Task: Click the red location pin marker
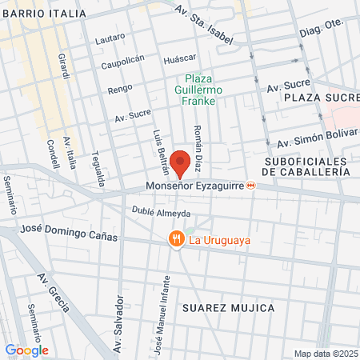pyautogui.click(x=180, y=162)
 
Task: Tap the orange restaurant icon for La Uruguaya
pyautogui.click(x=174, y=239)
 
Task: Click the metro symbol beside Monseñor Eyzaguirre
pyautogui.click(x=251, y=186)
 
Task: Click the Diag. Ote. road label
pyautogui.click(x=322, y=27)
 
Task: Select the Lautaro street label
pyautogui.click(x=110, y=38)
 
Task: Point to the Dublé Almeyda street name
pyautogui.click(x=161, y=213)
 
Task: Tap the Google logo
pyautogui.click(x=26, y=350)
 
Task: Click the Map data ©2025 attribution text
pyautogui.click(x=326, y=354)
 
